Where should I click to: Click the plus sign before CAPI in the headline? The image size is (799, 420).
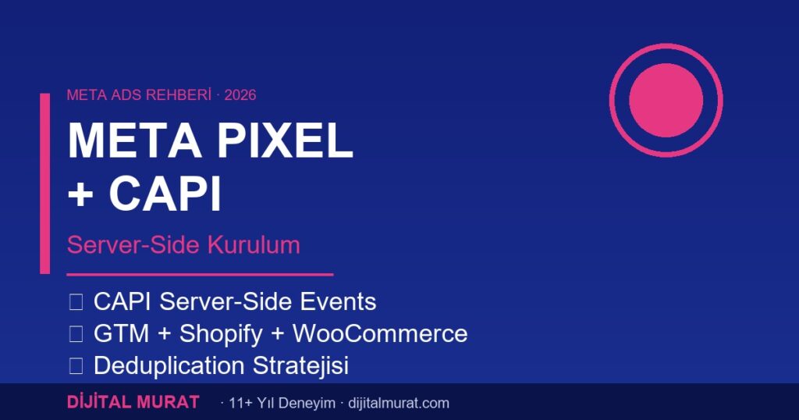pos(80,195)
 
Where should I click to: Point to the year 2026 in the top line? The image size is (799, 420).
pos(240,95)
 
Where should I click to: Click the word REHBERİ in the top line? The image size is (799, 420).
pos(172,95)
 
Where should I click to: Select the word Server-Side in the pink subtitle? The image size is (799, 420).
pos(132,244)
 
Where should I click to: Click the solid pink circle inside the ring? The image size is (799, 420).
pos(666,100)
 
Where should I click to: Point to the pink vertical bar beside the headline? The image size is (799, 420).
pos(44,183)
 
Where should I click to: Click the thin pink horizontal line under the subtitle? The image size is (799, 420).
pos(200,275)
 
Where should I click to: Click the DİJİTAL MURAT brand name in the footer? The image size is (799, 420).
pos(133,403)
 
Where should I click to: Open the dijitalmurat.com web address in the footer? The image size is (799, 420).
pos(396,404)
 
